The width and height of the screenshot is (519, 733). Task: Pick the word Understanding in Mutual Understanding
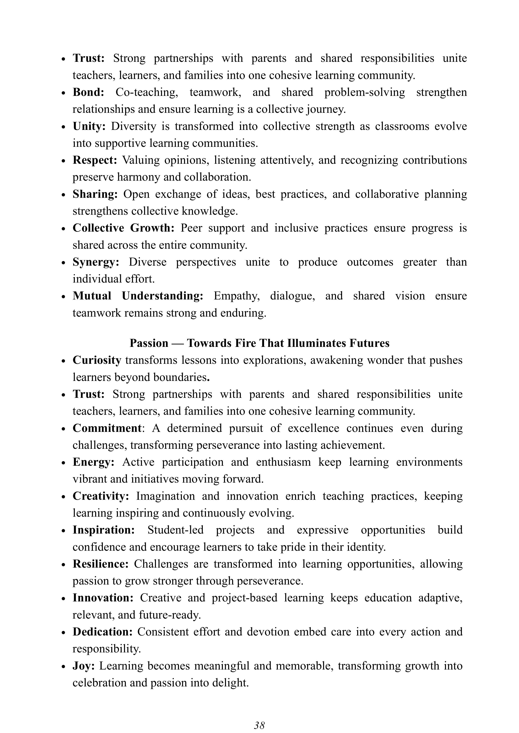(x=162, y=296)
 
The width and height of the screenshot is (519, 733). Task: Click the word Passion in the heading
(x=149, y=343)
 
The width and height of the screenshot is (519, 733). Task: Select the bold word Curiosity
(x=97, y=360)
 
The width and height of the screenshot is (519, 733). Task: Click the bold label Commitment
(x=107, y=428)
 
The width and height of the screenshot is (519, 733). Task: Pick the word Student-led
(x=175, y=530)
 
